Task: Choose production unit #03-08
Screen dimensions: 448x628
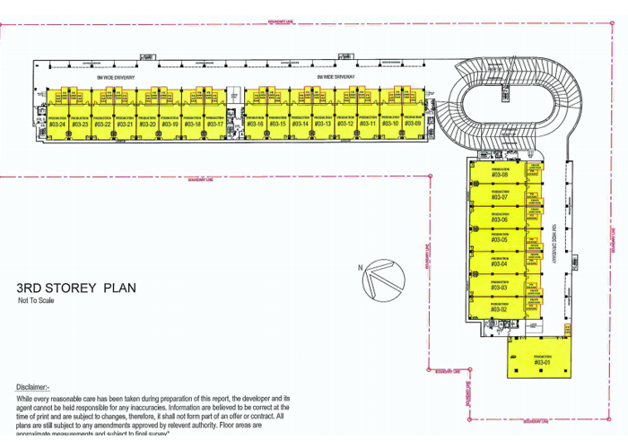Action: tap(499, 174)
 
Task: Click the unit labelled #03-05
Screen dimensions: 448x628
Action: tap(499, 239)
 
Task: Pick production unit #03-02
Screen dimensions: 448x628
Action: tap(499, 308)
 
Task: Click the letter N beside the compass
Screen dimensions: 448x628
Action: tap(360, 267)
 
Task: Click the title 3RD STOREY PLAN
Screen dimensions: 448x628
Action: tap(75, 289)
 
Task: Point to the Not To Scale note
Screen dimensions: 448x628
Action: tap(36, 301)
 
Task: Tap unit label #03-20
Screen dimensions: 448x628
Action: tap(147, 124)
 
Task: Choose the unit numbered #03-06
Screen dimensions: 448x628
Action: tap(499, 218)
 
